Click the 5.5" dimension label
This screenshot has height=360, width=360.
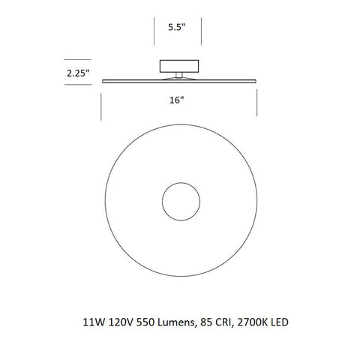[178, 28]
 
